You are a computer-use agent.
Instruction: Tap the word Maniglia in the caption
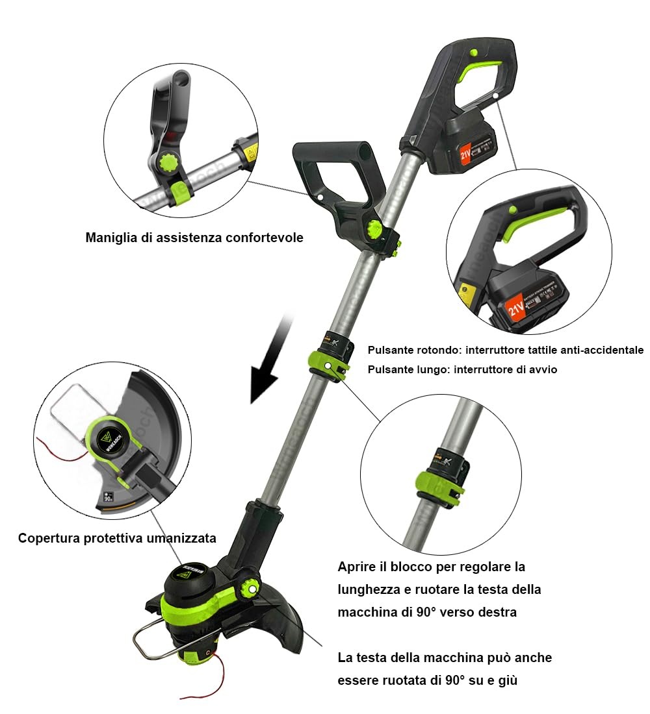coord(109,238)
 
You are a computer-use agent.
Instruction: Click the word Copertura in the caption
coord(47,538)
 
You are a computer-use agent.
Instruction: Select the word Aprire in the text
coord(357,567)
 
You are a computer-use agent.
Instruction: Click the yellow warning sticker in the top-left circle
coord(250,153)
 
